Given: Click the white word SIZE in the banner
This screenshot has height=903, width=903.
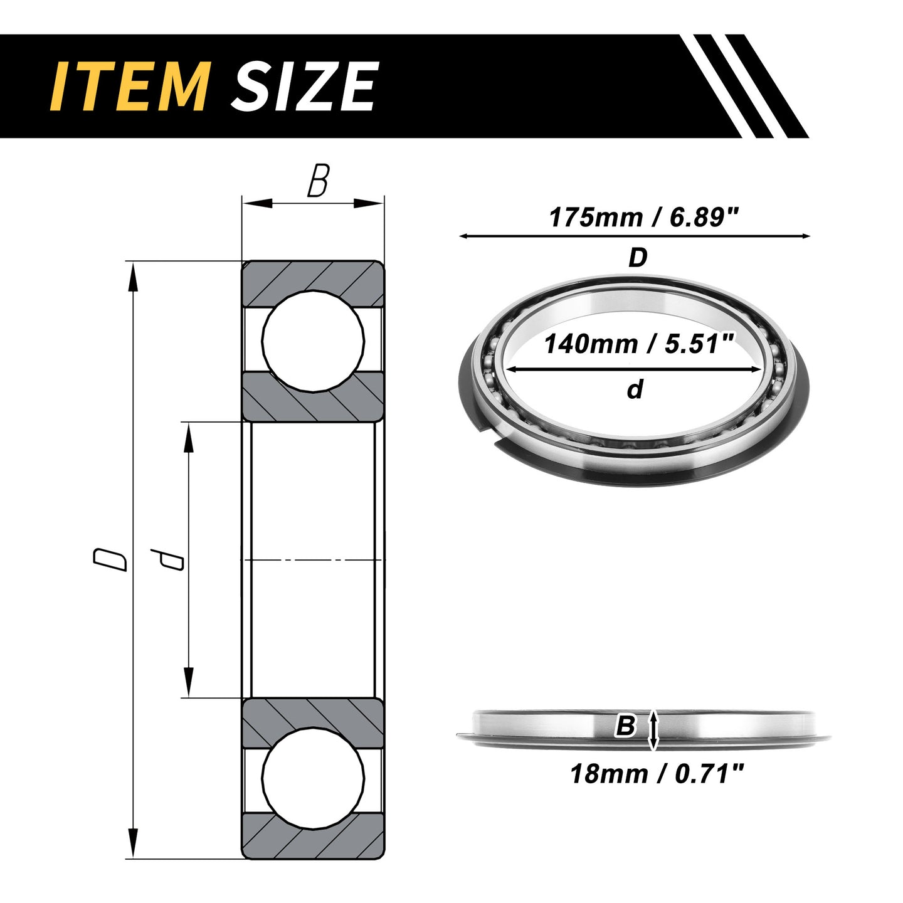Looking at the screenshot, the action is [303, 86].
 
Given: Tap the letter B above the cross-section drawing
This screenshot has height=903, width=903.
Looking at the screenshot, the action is [318, 181].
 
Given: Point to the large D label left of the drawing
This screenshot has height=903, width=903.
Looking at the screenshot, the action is [110, 559].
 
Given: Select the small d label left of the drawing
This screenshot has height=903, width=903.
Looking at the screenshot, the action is [166, 559].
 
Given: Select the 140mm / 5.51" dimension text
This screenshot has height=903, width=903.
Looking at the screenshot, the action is [638, 344].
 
